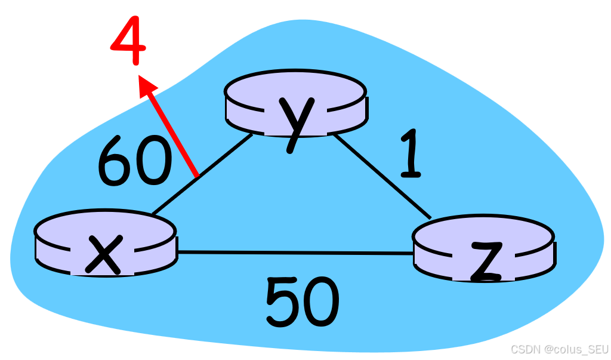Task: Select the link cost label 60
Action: [134, 160]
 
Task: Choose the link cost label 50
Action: [302, 302]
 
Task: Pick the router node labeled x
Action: [105, 242]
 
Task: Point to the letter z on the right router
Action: [485, 261]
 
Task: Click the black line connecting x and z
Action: [295, 253]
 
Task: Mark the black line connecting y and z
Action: [382, 176]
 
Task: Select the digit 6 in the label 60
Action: [115, 160]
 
